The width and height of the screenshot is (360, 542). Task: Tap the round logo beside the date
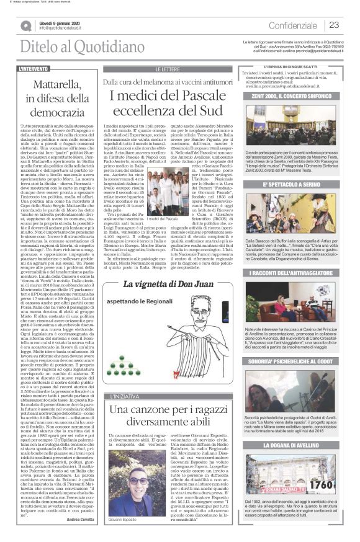26,25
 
